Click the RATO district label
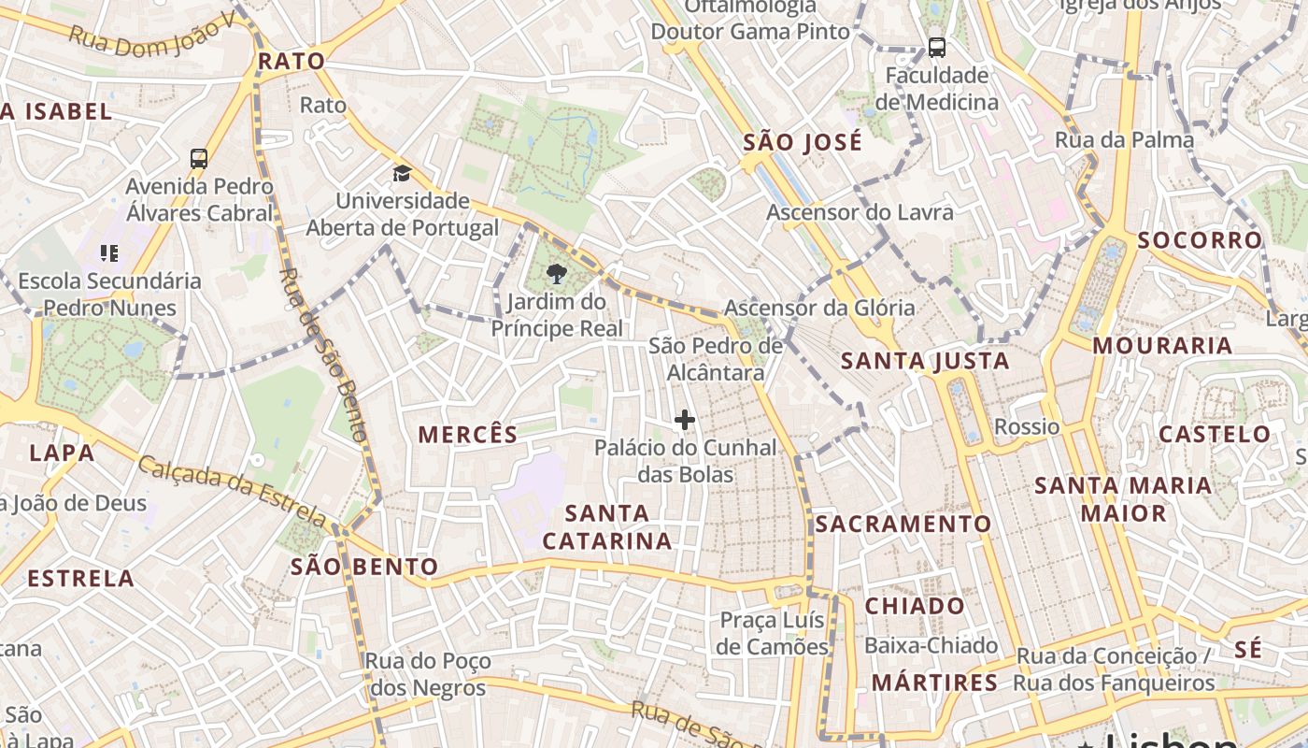coord(291,62)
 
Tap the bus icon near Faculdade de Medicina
coord(936,47)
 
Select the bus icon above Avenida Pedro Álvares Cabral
coord(199,158)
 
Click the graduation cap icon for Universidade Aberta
coord(402,173)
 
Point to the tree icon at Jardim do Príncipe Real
coord(556,273)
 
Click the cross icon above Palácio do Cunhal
coord(685,421)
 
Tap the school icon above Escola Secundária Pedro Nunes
coord(109,252)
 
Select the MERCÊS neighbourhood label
coord(467,435)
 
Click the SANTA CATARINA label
coord(607,526)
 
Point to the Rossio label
coord(1027,427)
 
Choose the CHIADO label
coord(915,606)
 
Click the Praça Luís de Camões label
coord(773,633)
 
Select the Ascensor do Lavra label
coord(860,212)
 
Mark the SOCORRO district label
coord(1200,240)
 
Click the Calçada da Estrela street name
coord(233,490)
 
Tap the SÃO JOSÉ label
coord(803,143)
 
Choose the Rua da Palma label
coord(1124,140)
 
